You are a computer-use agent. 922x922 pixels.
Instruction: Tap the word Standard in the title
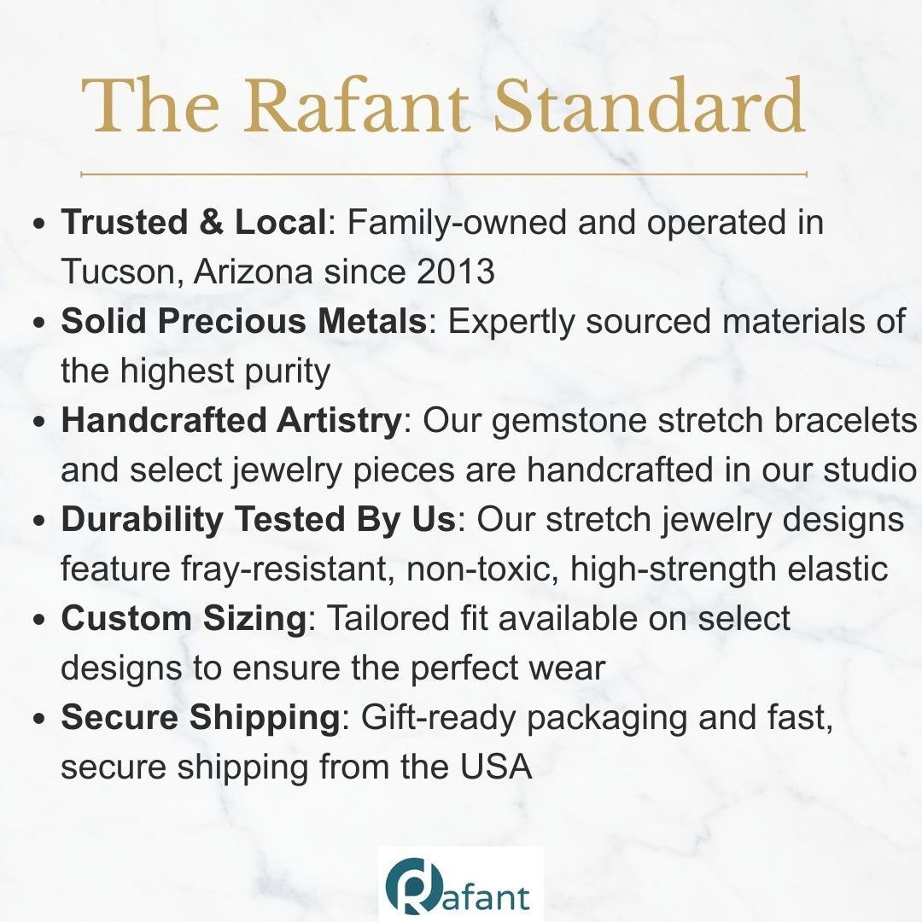(649, 105)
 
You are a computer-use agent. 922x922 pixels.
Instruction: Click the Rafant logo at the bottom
(460, 884)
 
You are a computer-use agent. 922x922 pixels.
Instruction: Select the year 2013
(456, 271)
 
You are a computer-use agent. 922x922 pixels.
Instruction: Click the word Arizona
(253, 271)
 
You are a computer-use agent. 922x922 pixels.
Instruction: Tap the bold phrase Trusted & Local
(194, 222)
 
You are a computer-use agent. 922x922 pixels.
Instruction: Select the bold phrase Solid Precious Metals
(244, 321)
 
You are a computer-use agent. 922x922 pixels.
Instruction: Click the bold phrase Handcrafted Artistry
(231, 420)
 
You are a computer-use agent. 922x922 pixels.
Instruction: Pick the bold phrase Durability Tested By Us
(258, 519)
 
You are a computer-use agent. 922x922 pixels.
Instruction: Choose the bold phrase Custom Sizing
(184, 619)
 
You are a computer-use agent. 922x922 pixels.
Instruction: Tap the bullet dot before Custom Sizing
(39, 620)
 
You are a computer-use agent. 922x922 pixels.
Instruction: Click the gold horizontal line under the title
(443, 174)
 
